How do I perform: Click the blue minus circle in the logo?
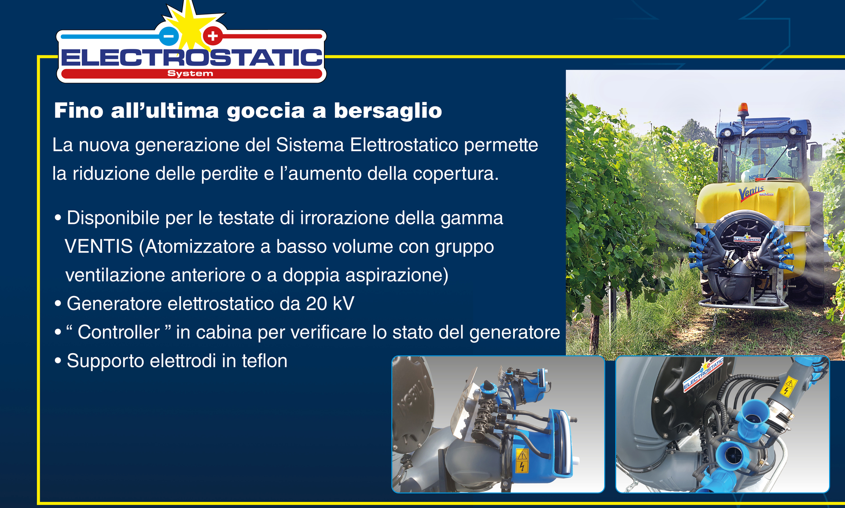point(169,36)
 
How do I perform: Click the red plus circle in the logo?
point(213,36)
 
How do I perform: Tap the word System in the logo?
point(190,73)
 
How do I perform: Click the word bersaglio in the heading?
point(388,111)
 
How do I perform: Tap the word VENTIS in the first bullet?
point(99,246)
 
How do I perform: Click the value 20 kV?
point(330,303)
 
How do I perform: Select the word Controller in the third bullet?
point(119,332)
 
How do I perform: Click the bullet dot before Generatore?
point(58,304)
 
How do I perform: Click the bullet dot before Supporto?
point(58,361)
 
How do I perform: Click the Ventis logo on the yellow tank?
point(752,192)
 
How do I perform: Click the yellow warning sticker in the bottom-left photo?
point(522,460)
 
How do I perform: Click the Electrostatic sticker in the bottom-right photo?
point(703,374)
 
